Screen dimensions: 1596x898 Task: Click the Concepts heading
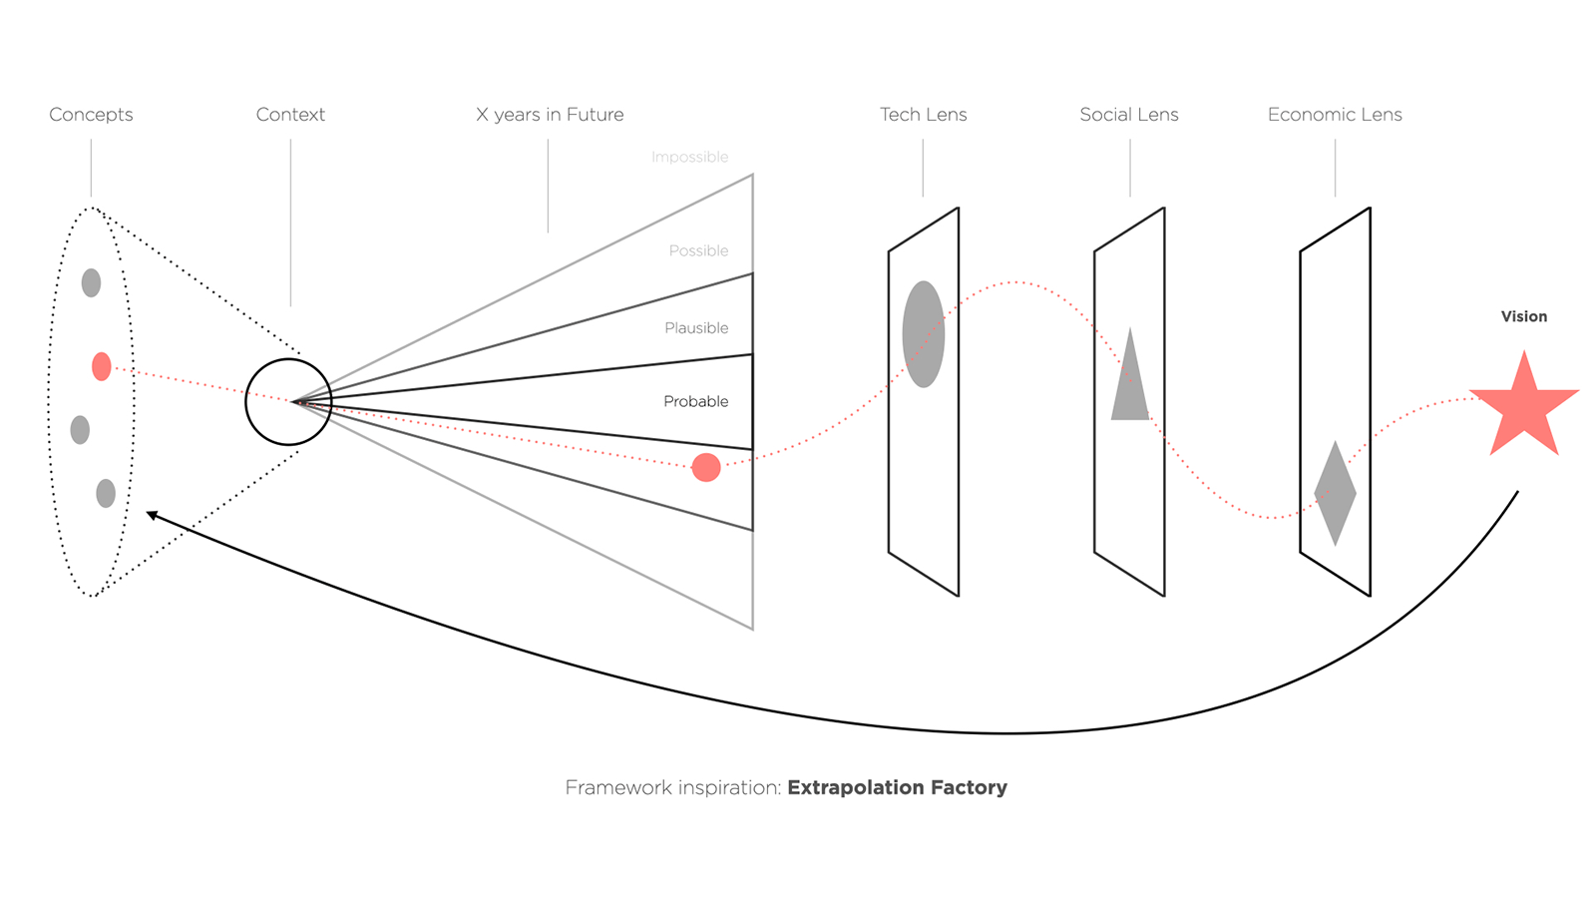pos(91,115)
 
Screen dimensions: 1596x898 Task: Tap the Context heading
pos(290,115)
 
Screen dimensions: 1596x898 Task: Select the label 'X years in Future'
pos(550,115)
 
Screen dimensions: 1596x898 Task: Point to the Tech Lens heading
pos(924,115)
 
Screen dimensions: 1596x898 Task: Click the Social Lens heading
pos(1129,115)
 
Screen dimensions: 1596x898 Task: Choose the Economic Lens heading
pos(1336,115)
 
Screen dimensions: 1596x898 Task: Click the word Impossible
pos(689,157)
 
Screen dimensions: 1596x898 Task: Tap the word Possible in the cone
pos(698,250)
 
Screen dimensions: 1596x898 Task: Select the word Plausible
pos(696,328)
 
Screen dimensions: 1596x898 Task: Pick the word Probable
pos(695,401)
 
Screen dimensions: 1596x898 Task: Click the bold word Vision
pos(1524,316)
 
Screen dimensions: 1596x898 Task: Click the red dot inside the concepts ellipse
pos(102,366)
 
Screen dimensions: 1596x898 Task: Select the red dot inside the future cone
pos(706,468)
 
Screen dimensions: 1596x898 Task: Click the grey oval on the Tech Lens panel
pos(924,334)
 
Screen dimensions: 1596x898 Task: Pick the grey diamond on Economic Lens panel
pos(1336,493)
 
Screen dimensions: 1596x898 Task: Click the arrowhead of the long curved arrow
pos(151,515)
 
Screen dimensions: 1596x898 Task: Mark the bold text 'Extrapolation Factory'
pos(897,787)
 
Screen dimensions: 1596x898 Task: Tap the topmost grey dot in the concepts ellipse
pos(91,283)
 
